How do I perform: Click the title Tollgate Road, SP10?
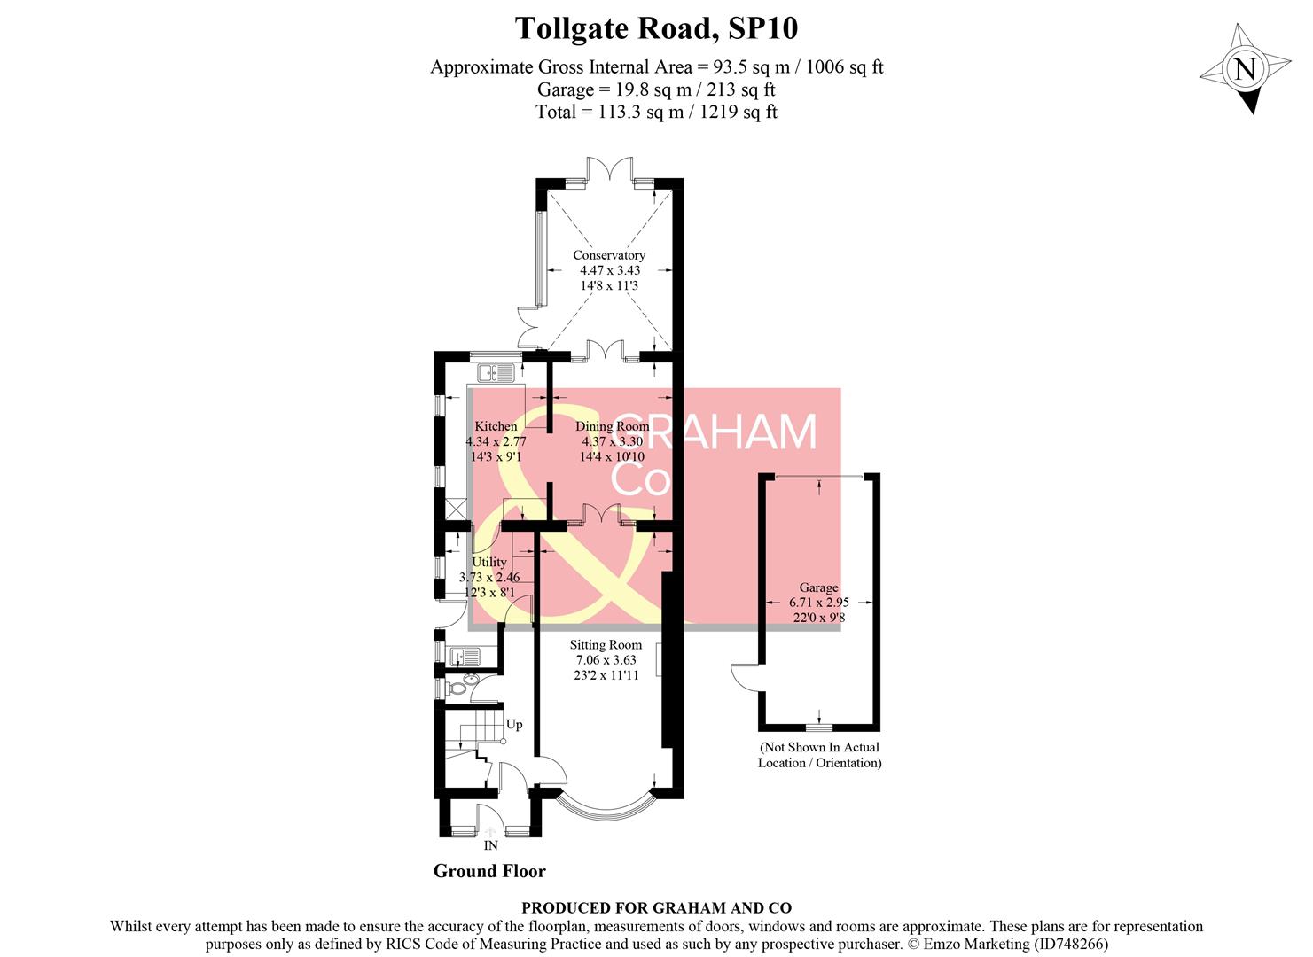656,28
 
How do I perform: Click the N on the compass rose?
1246,69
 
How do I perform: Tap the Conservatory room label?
608,255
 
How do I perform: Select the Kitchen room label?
496,426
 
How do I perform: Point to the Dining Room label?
612,426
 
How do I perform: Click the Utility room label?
489,562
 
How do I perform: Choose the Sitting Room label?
606,645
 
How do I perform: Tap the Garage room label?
818,587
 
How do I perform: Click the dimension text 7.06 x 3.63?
606,660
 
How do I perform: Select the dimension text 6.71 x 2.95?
818,602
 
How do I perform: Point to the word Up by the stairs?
514,725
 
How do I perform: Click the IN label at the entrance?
490,845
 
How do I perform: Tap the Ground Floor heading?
489,871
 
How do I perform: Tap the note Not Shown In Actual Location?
819,755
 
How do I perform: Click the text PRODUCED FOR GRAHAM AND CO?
656,908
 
